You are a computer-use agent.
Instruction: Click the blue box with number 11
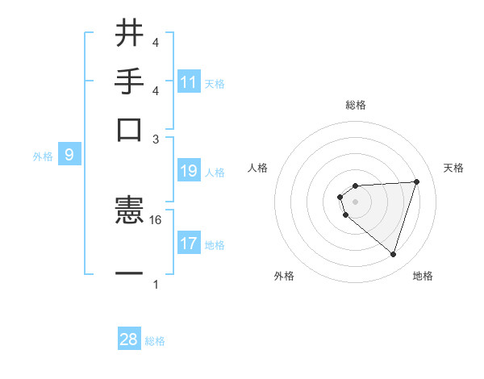pos(189,82)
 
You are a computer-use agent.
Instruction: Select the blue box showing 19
pos(189,171)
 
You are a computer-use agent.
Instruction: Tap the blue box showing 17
pos(189,244)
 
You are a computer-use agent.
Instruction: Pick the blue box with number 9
pos(69,155)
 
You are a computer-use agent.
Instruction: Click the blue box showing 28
pos(129,339)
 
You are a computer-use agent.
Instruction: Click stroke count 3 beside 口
pos(156,139)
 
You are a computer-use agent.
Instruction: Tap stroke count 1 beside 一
pos(156,284)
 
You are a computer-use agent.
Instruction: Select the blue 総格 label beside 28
pos(155,341)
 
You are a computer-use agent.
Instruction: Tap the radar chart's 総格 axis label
pos(355,105)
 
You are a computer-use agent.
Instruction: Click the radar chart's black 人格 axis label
pos(257,168)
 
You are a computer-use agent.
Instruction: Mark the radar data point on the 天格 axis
pos(416,181)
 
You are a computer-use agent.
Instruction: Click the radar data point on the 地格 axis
pos(394,255)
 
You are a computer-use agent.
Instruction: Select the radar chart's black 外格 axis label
pos(284,276)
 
